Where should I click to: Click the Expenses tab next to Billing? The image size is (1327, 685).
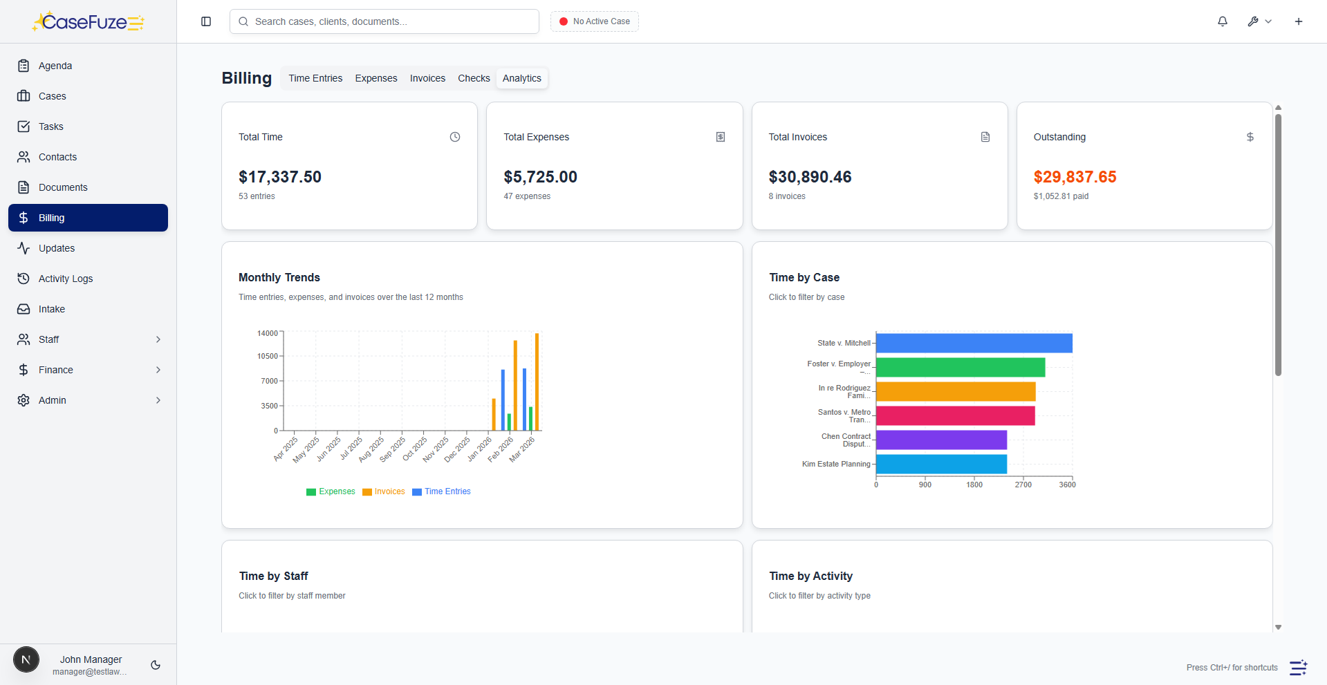pos(376,78)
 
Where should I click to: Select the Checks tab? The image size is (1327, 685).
pos(474,78)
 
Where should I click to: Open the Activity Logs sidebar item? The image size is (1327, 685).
pos(66,279)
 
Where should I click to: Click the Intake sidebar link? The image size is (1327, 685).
pos(52,309)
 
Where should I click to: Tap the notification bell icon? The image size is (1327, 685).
pos(1223,21)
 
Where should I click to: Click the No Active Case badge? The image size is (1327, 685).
pos(595,21)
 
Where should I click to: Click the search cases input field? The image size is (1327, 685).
pos(384,21)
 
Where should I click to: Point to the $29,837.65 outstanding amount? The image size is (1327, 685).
pos(1075,177)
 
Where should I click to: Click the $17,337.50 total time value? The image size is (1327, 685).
pos(280,177)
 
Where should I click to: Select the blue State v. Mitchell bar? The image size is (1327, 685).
pos(974,343)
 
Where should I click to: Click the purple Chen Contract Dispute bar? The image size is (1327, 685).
pos(941,440)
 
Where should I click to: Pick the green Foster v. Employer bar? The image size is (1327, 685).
pos(960,367)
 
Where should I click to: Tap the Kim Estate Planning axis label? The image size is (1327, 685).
pos(836,464)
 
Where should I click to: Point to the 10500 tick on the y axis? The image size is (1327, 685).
pos(268,356)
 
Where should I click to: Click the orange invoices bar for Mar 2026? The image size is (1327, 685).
pos(537,382)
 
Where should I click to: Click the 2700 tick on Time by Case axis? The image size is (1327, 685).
pos(1023,485)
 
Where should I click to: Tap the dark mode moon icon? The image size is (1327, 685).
pos(156,665)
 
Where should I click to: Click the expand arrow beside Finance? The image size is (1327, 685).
pos(158,370)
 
